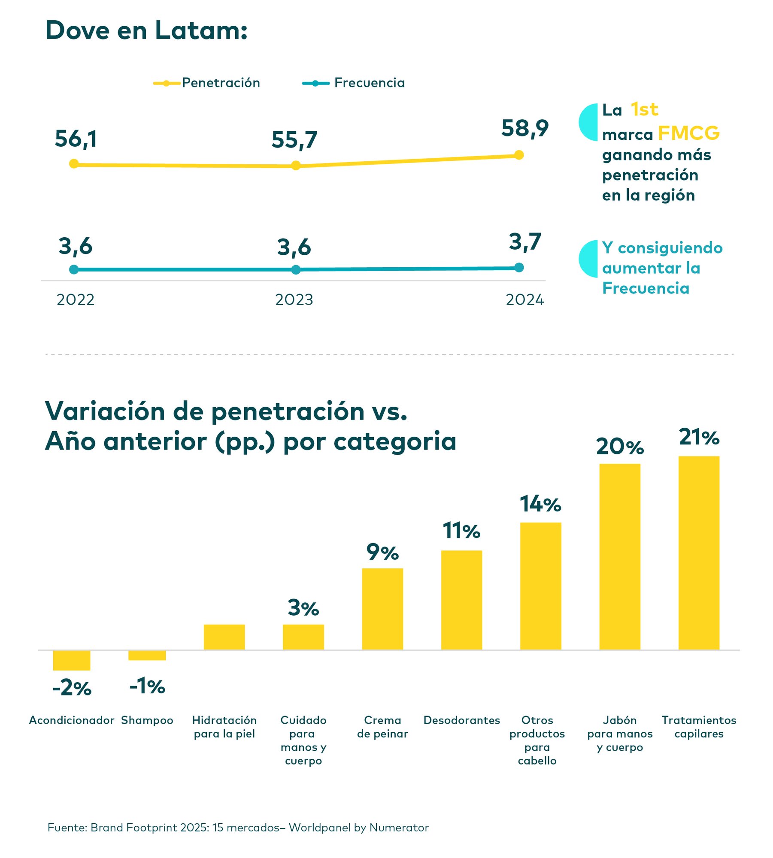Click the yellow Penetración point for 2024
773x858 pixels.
518,155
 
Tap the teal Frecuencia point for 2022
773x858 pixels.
74,269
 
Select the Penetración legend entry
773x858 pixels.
207,83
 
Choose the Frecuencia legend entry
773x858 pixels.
354,83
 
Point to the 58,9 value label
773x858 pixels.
524,128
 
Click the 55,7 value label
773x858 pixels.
294,140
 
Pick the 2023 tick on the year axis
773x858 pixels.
294,299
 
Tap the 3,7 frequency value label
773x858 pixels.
524,242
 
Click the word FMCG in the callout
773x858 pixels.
688,133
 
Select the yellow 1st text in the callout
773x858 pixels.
644,110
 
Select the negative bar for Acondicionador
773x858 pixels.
72,660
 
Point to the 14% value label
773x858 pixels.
540,504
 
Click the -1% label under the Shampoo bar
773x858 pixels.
147,686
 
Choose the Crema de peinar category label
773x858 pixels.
382,727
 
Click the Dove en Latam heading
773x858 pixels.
146,30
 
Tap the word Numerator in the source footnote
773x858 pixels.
399,828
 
